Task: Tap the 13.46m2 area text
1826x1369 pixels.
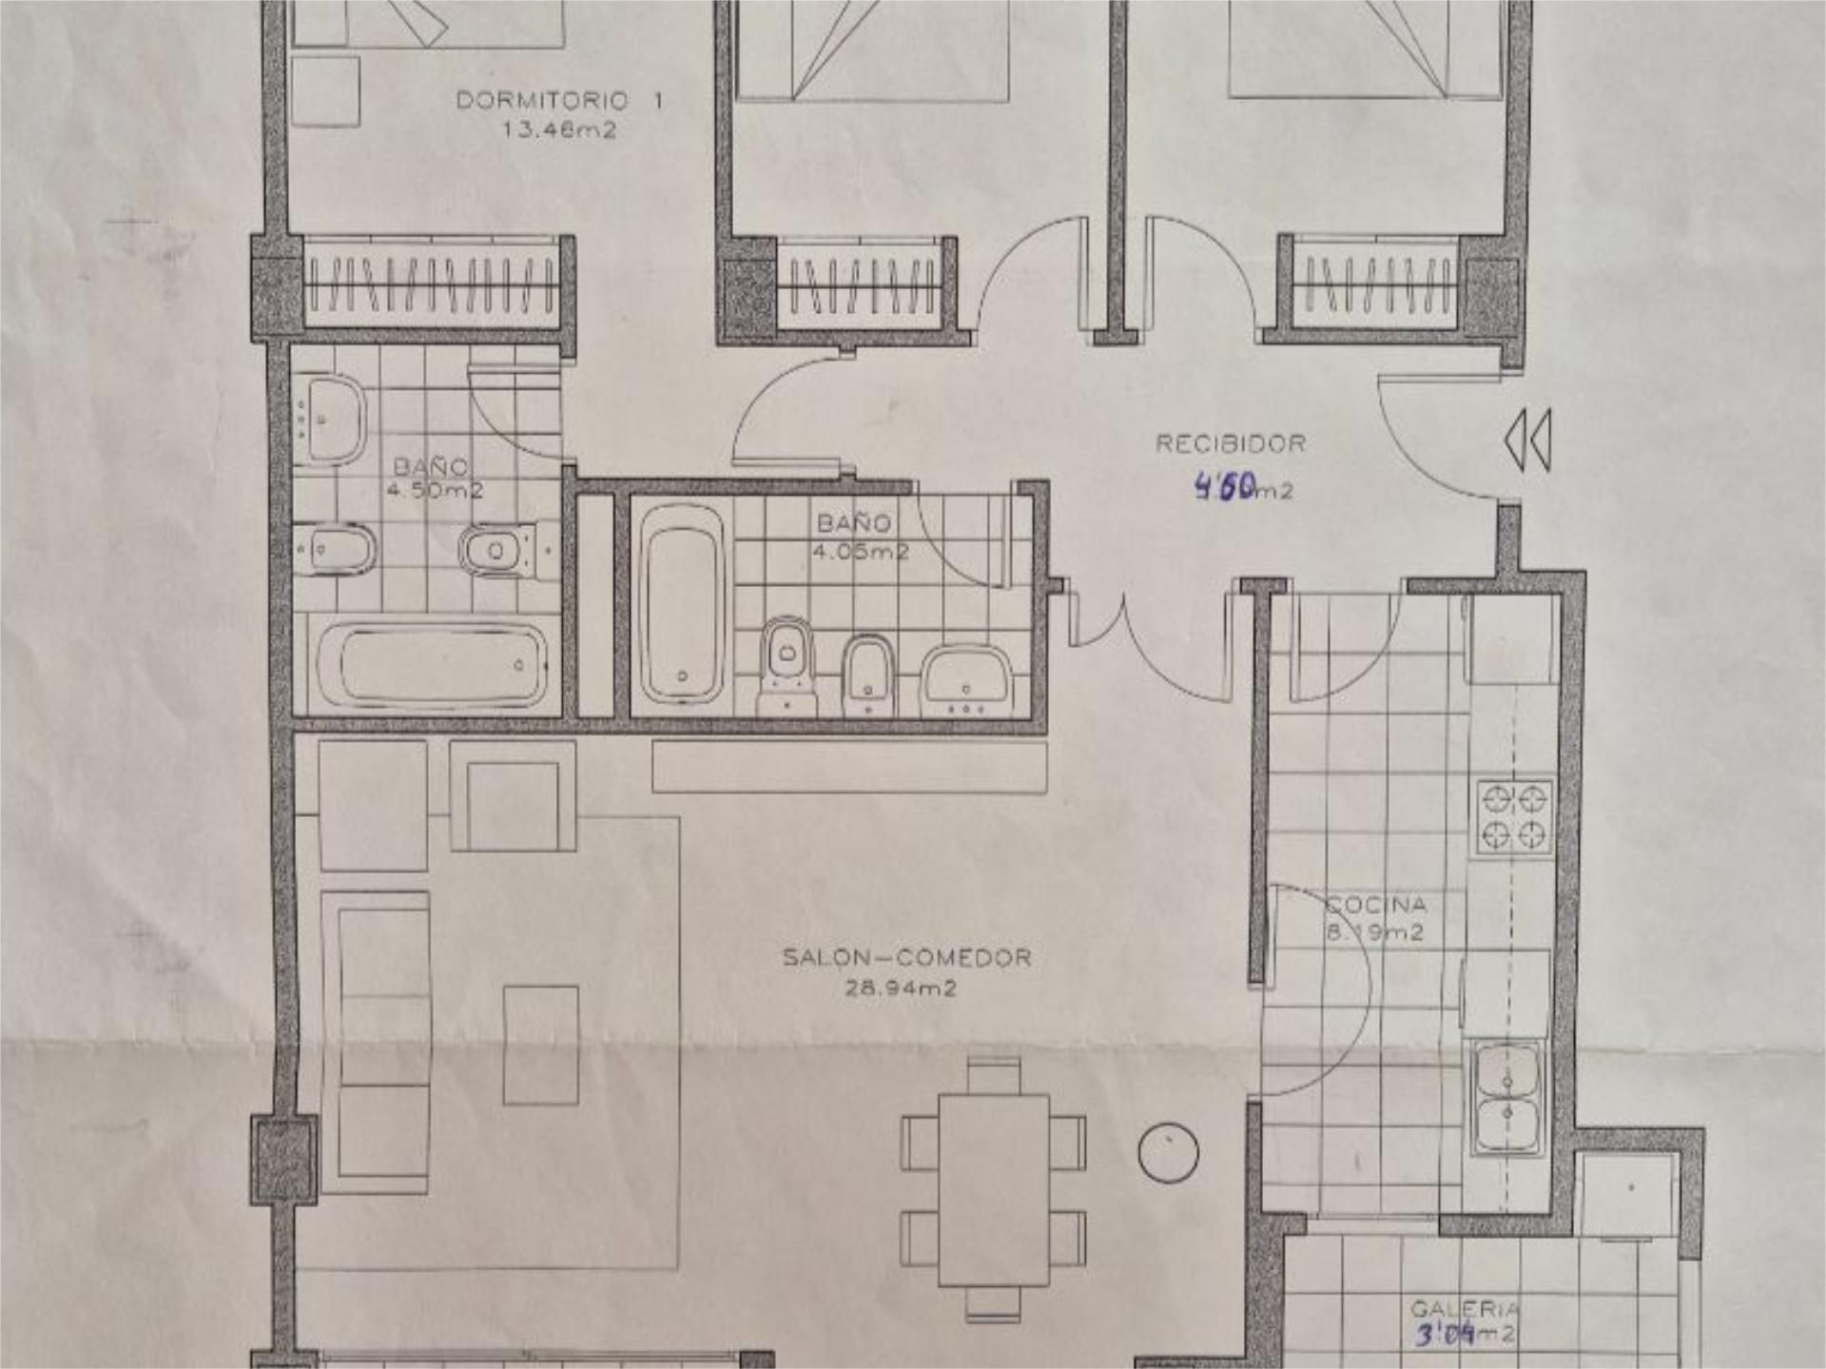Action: point(559,130)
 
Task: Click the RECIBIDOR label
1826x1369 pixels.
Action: point(1231,443)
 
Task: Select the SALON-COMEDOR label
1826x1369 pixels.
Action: point(906,957)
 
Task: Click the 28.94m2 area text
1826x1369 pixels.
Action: point(901,988)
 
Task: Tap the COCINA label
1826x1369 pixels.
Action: point(1376,905)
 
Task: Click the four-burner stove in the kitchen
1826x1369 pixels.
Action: point(1515,815)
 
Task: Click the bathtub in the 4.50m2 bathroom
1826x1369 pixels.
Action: point(433,664)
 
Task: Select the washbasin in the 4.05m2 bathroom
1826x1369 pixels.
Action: point(966,677)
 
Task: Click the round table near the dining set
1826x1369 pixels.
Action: point(1168,1153)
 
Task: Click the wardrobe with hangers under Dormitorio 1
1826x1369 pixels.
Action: point(433,284)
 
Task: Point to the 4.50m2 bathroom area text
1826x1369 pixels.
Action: point(435,491)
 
